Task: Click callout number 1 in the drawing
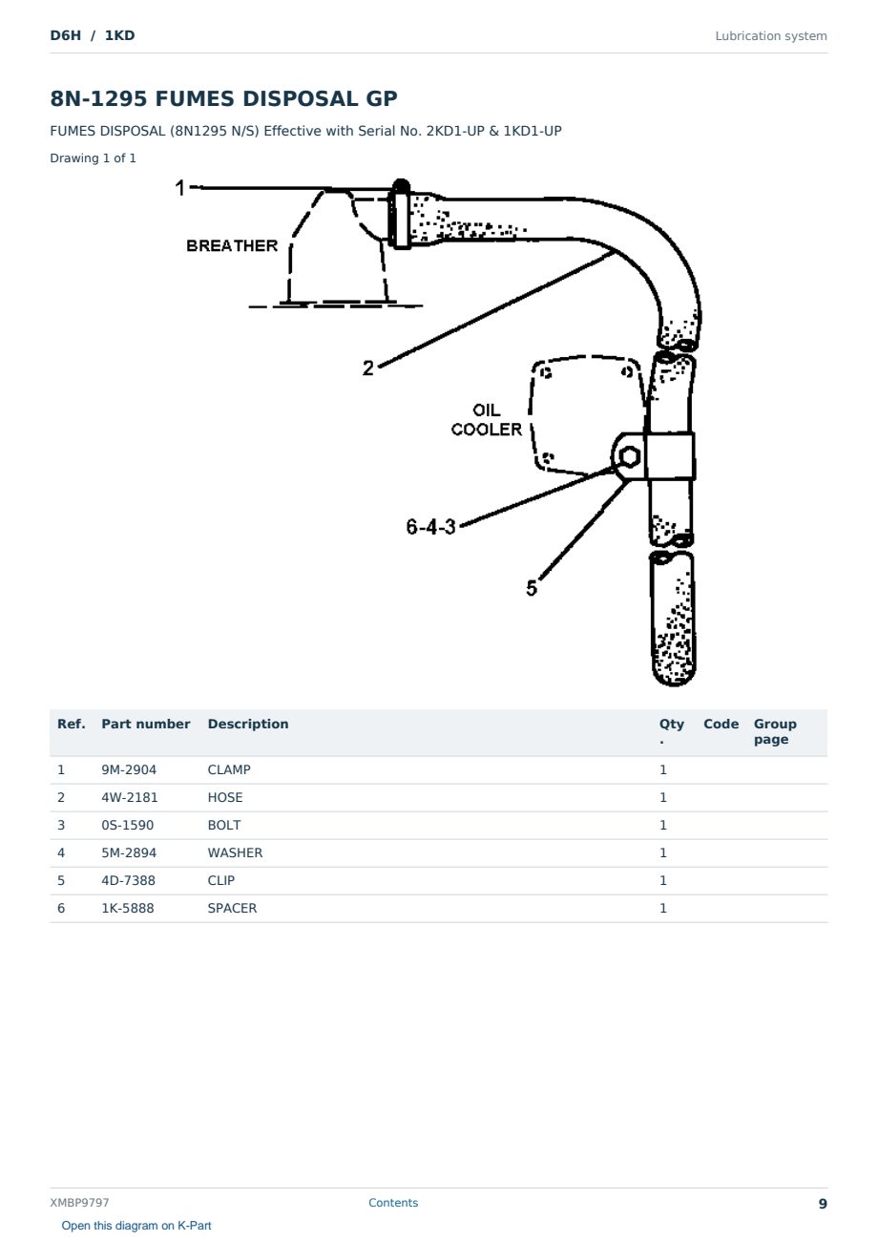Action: tap(179, 188)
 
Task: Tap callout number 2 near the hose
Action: tap(367, 368)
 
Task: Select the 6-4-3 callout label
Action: tap(430, 526)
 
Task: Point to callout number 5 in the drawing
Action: tap(532, 588)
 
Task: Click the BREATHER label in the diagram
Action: tap(232, 245)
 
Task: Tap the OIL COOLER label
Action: tap(487, 419)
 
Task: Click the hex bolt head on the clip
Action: tap(629, 456)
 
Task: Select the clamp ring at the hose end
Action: tap(400, 214)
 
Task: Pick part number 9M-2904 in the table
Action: tap(129, 769)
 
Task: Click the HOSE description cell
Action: tap(225, 797)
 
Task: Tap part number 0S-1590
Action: tap(128, 825)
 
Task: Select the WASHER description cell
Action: tap(235, 852)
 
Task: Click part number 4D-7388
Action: tap(128, 880)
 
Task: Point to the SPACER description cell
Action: tap(232, 908)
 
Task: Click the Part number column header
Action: tap(146, 725)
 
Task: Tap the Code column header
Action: tap(721, 725)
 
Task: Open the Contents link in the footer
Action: tap(393, 1202)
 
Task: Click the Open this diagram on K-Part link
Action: tap(136, 1226)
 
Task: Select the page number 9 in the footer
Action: tap(823, 1204)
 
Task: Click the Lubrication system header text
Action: tap(771, 36)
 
